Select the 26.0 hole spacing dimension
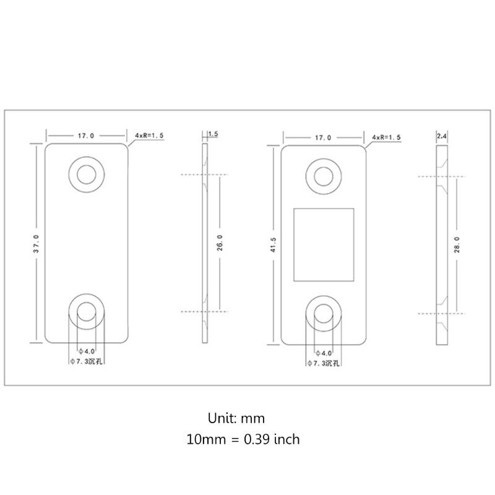[219, 243]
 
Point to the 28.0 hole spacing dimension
[457, 244]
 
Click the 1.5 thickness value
[213, 134]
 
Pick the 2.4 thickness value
[442, 136]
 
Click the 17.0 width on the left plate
[87, 134]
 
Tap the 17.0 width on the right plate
[322, 137]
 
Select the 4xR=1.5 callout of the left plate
[148, 134]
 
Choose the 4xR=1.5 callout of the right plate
[387, 137]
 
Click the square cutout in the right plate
[323, 244]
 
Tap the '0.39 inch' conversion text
[270, 440]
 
